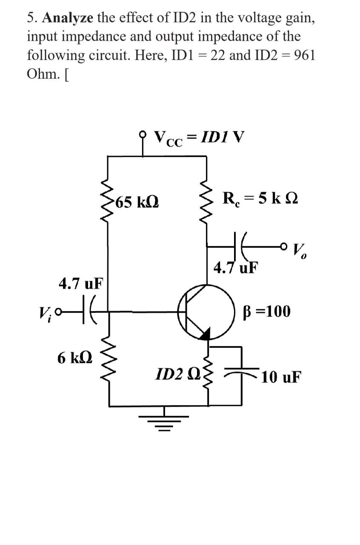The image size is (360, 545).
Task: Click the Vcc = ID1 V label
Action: click(x=199, y=138)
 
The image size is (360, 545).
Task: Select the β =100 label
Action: click(x=267, y=311)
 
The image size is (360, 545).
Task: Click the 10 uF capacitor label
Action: click(x=281, y=376)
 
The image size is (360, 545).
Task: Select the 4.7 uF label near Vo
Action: click(x=236, y=268)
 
